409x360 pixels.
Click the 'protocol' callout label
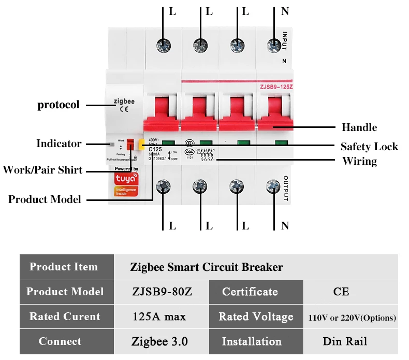[59, 105]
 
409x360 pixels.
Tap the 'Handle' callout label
[359, 127]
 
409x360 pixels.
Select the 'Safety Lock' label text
[369, 147]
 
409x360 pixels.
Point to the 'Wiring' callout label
[359, 161]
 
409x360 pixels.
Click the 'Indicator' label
[59, 143]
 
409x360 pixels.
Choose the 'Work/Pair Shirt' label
[42, 170]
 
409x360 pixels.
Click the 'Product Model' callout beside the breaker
[45, 199]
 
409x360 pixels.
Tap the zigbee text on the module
[124, 102]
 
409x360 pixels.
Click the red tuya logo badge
[126, 179]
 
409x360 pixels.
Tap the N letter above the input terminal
[285, 11]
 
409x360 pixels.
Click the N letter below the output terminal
[285, 225]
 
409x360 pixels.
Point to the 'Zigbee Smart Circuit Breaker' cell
[206, 267]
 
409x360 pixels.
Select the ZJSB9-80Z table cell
[162, 292]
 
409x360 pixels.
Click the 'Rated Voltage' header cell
[256, 316]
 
